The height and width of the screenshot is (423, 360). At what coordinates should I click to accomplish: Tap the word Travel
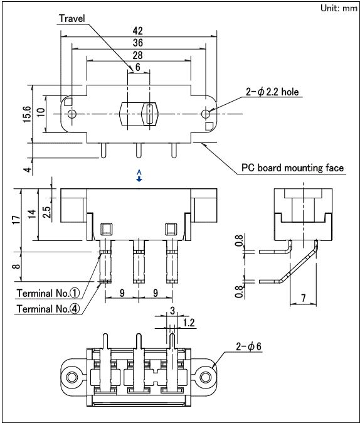pyautogui.click(x=71, y=18)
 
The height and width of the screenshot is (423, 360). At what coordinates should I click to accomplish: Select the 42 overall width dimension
pyautogui.click(x=138, y=31)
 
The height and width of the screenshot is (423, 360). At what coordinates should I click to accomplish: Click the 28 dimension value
pyautogui.click(x=138, y=56)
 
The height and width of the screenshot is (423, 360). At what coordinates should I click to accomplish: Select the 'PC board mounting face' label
pyautogui.click(x=292, y=168)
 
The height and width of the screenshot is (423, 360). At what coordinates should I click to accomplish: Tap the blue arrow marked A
pyautogui.click(x=139, y=178)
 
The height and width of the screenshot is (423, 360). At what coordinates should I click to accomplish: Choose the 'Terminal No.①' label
pyautogui.click(x=49, y=293)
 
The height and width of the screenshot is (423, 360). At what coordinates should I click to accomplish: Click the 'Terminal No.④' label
pyautogui.click(x=49, y=309)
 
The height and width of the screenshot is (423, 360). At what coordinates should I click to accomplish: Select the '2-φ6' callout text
pyautogui.click(x=248, y=346)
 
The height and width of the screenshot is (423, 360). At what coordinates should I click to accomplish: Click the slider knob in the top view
pyautogui.click(x=150, y=114)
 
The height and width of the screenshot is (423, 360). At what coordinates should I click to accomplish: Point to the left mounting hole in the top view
pyautogui.click(x=72, y=114)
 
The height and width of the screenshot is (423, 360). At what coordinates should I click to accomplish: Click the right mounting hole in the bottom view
pyautogui.click(x=205, y=377)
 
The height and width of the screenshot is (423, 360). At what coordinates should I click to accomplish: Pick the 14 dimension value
pyautogui.click(x=31, y=213)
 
